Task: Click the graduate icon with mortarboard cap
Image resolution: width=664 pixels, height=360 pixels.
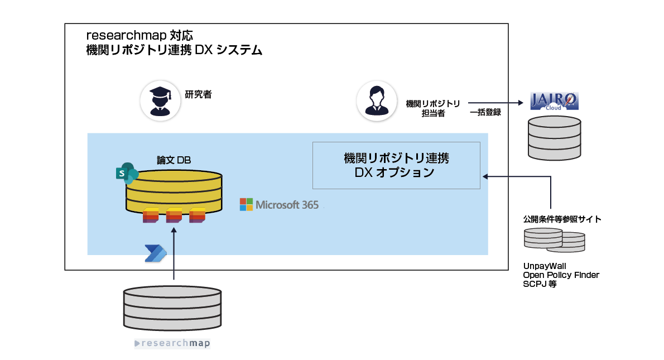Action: pyautogui.click(x=160, y=100)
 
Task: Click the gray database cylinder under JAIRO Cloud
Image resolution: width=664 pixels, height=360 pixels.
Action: pyautogui.click(x=555, y=137)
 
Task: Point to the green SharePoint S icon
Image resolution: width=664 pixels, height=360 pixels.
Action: pyautogui.click(x=127, y=174)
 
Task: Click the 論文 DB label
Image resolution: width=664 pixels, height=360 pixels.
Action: pyautogui.click(x=174, y=160)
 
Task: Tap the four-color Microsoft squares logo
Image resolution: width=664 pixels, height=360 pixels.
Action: pyautogui.click(x=246, y=204)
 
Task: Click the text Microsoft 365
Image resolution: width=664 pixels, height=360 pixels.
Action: pyautogui.click(x=287, y=205)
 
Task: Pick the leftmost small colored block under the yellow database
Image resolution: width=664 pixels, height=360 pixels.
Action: pyautogui.click(x=151, y=215)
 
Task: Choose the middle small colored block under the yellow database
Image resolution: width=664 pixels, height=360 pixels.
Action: pyautogui.click(x=174, y=215)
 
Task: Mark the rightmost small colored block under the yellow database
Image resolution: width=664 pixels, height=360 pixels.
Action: pyautogui.click(x=197, y=215)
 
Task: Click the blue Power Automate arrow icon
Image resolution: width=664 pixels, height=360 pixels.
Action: pyautogui.click(x=155, y=253)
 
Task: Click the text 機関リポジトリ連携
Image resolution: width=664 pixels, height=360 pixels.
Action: pyautogui.click(x=396, y=159)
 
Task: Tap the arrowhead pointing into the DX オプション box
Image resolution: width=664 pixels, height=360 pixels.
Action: pyautogui.click(x=484, y=177)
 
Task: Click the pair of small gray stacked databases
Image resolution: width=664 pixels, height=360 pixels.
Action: pyautogui.click(x=554, y=239)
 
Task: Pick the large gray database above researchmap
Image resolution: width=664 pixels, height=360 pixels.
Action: pyautogui.click(x=172, y=308)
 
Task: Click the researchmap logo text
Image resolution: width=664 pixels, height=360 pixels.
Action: pyautogui.click(x=173, y=343)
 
